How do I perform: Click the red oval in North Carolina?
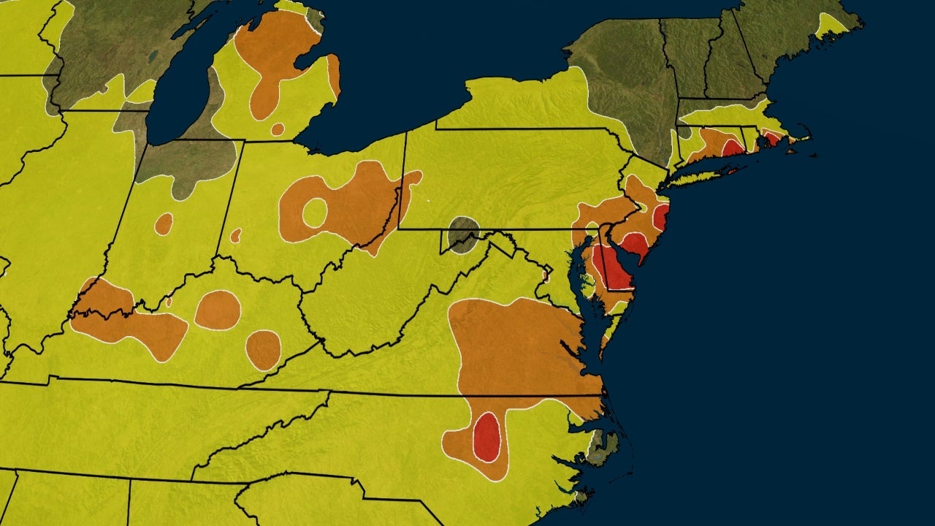(x=486, y=436)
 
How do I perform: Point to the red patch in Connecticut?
(x=733, y=147)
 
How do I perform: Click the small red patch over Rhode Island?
(x=771, y=137)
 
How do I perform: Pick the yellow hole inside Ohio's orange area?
(x=315, y=212)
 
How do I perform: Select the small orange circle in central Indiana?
(x=164, y=224)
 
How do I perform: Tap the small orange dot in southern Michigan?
(x=278, y=129)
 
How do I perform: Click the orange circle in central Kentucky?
(x=218, y=310)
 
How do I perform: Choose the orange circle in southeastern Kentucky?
(x=263, y=350)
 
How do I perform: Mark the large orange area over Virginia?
(x=519, y=351)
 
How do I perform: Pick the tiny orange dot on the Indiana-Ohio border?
(x=236, y=235)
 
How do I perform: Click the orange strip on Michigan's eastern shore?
(x=334, y=75)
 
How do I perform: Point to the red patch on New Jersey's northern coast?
(x=661, y=217)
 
